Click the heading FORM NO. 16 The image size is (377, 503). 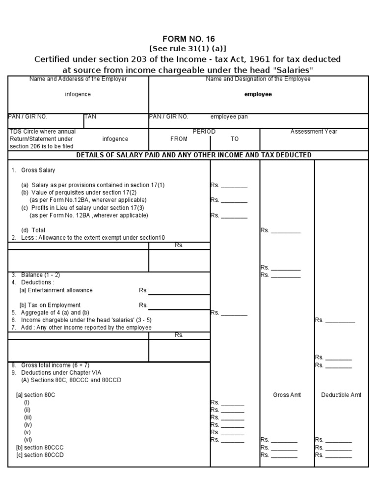(188, 39)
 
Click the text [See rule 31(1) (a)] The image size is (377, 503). (188, 49)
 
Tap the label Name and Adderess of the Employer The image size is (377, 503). (78, 79)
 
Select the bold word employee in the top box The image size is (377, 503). (258, 94)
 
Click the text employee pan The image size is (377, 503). (229, 117)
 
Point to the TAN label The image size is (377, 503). (90, 117)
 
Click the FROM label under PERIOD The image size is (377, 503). (179, 139)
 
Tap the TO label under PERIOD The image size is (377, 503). (235, 139)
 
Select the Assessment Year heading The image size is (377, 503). (314, 132)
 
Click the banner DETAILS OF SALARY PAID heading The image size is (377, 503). (193, 155)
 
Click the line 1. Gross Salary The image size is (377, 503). (33, 170)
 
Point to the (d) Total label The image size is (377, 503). (33, 230)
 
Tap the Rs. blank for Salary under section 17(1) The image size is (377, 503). (229, 186)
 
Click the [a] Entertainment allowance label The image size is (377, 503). (56, 290)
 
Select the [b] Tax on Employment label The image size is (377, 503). (50, 305)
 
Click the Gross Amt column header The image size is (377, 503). (287, 395)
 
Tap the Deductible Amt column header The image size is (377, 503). (341, 395)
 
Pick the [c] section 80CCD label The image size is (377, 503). (40, 455)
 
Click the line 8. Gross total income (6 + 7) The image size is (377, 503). (51, 365)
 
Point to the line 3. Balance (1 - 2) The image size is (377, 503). (36, 275)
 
